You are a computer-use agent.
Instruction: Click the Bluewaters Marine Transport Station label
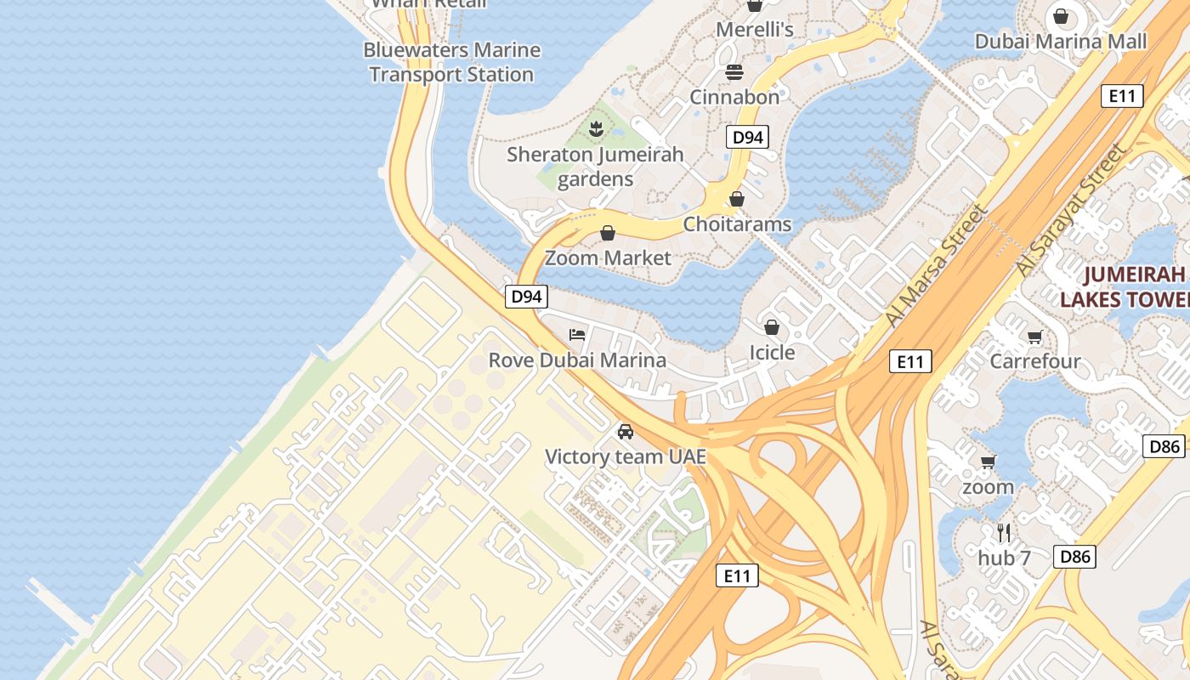coord(451,62)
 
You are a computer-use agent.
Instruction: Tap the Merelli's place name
coord(754,30)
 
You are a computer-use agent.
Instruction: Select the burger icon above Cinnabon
coord(734,71)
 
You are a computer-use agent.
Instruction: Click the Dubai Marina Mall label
coord(1060,42)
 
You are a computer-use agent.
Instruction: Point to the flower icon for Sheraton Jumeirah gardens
coord(595,129)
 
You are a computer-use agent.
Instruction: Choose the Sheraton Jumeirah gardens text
coord(595,167)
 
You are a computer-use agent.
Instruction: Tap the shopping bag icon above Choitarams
coord(737,199)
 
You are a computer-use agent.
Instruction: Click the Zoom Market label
coord(608,258)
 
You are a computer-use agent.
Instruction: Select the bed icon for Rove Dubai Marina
coord(577,334)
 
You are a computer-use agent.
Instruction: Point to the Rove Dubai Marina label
coord(577,360)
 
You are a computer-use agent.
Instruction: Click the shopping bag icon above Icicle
coord(772,327)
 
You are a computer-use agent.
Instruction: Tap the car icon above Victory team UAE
coord(626,432)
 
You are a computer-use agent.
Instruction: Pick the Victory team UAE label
coord(626,456)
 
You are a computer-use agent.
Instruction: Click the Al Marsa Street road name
coord(938,265)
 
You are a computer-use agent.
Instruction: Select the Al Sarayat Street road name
coord(1074,208)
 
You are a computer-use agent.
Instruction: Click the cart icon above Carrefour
coord(1035,337)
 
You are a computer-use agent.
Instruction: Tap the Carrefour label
coord(1035,360)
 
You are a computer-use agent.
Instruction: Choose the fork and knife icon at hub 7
coord(1004,533)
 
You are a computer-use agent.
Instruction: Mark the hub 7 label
coord(1004,558)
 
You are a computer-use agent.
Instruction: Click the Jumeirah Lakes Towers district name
coord(1124,286)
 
